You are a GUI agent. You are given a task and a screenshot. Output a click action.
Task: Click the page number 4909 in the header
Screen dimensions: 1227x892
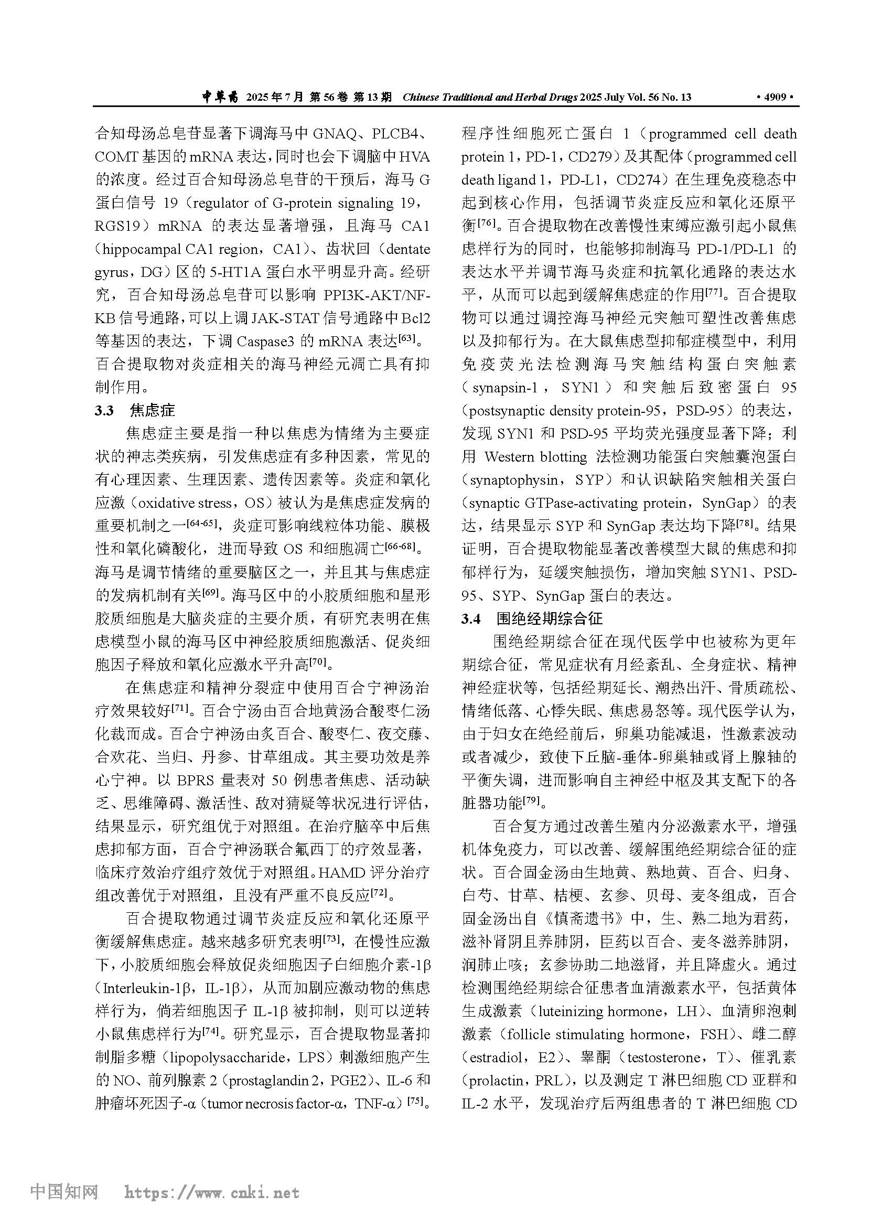[x=775, y=98]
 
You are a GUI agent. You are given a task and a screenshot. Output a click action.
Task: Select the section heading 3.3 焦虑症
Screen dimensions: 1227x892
[x=135, y=411]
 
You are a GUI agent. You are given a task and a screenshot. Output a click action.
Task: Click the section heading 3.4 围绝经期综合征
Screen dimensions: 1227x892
[x=532, y=619]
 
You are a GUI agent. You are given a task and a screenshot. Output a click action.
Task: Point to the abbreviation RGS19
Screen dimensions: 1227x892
[x=118, y=226]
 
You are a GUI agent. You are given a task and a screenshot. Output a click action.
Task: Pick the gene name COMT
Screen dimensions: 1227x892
[x=116, y=157]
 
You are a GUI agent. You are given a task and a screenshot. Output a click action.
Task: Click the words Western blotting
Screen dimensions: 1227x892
[x=535, y=457]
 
